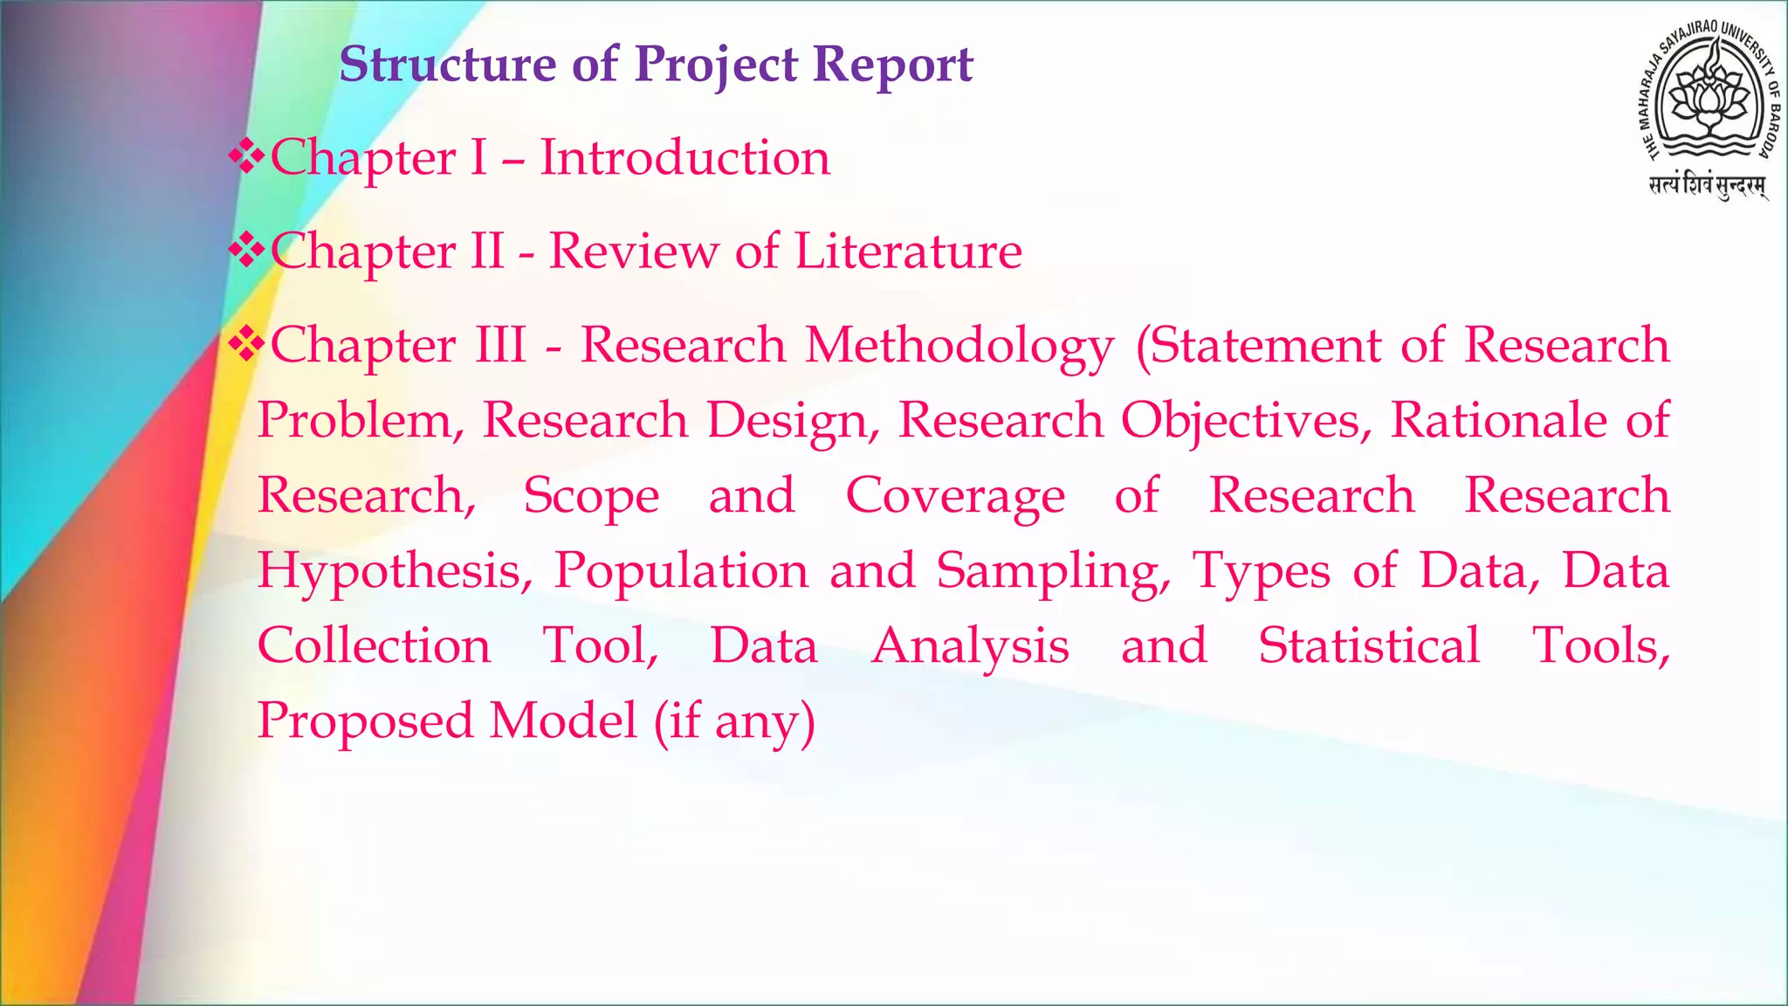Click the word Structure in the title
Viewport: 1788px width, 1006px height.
[x=448, y=65]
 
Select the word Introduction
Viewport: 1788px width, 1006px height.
[x=685, y=158]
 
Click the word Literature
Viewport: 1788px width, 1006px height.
[x=908, y=251]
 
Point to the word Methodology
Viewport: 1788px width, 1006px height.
[x=959, y=346]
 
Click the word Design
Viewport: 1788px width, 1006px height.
[x=793, y=420]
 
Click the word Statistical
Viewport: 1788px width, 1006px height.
[x=1369, y=645]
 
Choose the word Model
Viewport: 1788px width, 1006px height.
[x=563, y=721]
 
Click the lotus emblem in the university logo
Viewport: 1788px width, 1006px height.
[x=1703, y=95]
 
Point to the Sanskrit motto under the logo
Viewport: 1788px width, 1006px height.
[x=1707, y=186]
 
